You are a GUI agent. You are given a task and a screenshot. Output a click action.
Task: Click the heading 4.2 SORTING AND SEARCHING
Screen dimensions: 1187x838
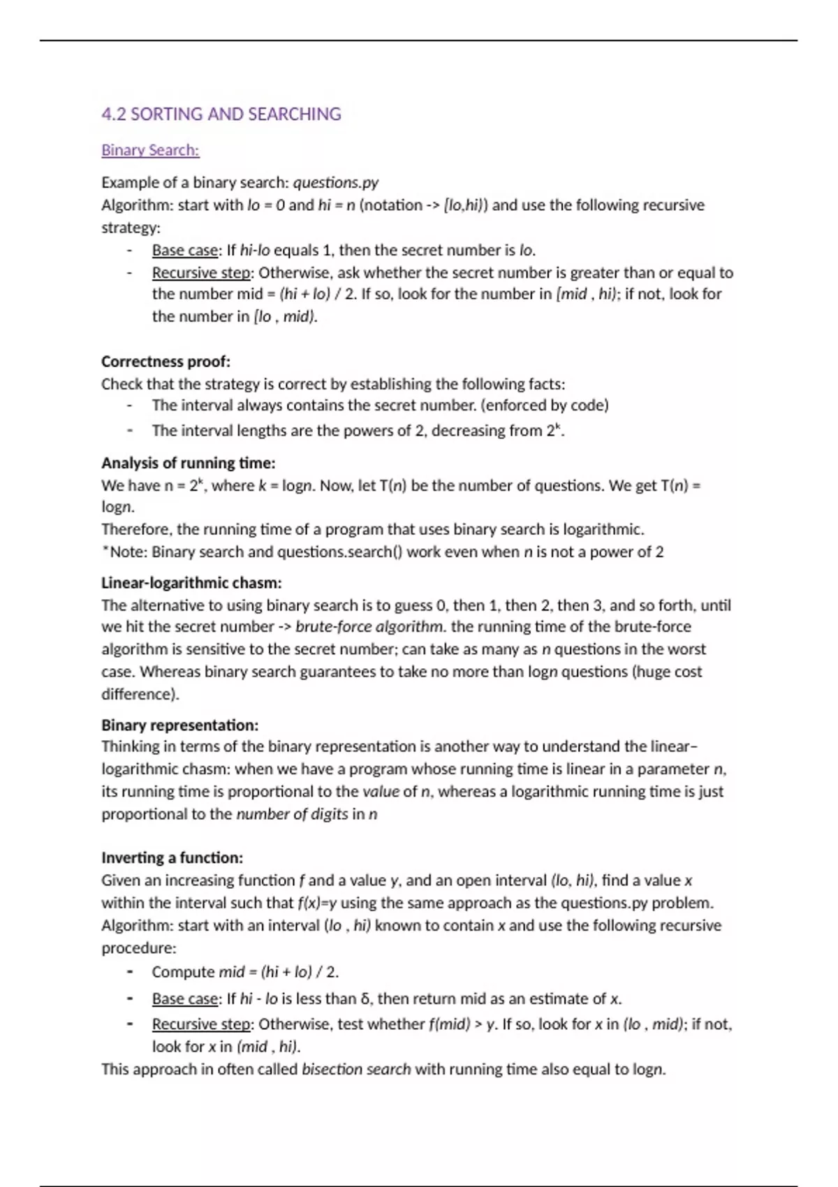point(221,114)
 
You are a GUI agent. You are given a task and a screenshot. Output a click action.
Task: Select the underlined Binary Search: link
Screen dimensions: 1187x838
point(150,150)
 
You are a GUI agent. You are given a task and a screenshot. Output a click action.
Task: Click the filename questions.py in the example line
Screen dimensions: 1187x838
point(335,182)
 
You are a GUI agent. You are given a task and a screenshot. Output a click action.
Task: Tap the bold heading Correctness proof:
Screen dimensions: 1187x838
point(166,361)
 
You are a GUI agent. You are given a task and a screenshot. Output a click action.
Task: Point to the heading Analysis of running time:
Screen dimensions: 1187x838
point(188,463)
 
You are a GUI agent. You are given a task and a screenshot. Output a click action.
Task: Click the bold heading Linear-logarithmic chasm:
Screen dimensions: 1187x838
point(191,582)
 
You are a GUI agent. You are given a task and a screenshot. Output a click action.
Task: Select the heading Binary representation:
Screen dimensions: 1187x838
point(179,725)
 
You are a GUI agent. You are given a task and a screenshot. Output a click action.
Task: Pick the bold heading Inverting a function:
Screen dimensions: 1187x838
point(172,857)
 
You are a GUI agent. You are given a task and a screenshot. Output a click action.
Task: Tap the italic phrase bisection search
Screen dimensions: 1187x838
point(356,1069)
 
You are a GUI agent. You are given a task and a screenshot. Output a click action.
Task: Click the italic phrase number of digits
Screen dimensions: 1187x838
point(292,813)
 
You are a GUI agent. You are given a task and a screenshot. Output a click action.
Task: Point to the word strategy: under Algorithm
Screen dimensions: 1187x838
point(131,228)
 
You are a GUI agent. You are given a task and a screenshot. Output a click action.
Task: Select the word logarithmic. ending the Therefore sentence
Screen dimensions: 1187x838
point(603,529)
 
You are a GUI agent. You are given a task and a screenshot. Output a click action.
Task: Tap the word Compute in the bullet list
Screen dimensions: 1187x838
point(183,972)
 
